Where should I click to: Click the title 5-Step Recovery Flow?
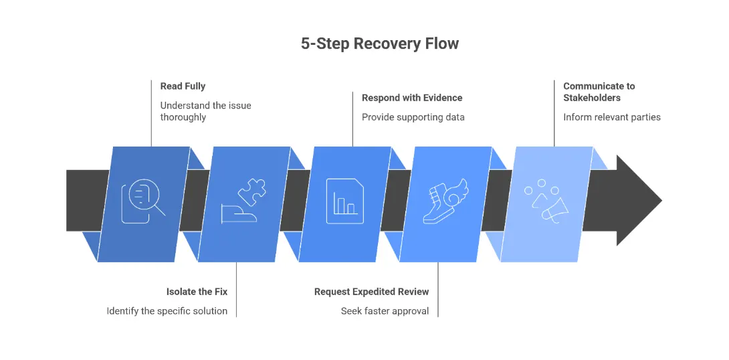click(x=379, y=44)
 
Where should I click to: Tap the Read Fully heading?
click(x=183, y=86)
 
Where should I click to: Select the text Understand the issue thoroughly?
click(x=205, y=111)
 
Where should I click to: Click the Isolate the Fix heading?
click(x=197, y=292)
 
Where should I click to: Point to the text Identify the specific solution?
click(x=167, y=311)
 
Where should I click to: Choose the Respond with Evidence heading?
click(x=412, y=98)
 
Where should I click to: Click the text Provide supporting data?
click(x=413, y=117)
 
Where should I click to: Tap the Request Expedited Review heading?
click(x=371, y=292)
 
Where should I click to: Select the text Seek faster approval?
click(x=385, y=311)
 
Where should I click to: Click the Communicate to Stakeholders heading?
click(x=599, y=92)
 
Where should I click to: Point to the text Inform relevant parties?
click(x=611, y=117)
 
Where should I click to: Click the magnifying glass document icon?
click(x=142, y=201)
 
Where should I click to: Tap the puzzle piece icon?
click(x=243, y=201)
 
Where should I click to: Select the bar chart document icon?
click(x=344, y=201)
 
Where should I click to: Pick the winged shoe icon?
click(x=446, y=201)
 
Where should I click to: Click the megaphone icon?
click(x=548, y=201)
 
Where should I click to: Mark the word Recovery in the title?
click(x=386, y=44)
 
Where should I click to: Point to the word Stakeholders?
click(x=592, y=98)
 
